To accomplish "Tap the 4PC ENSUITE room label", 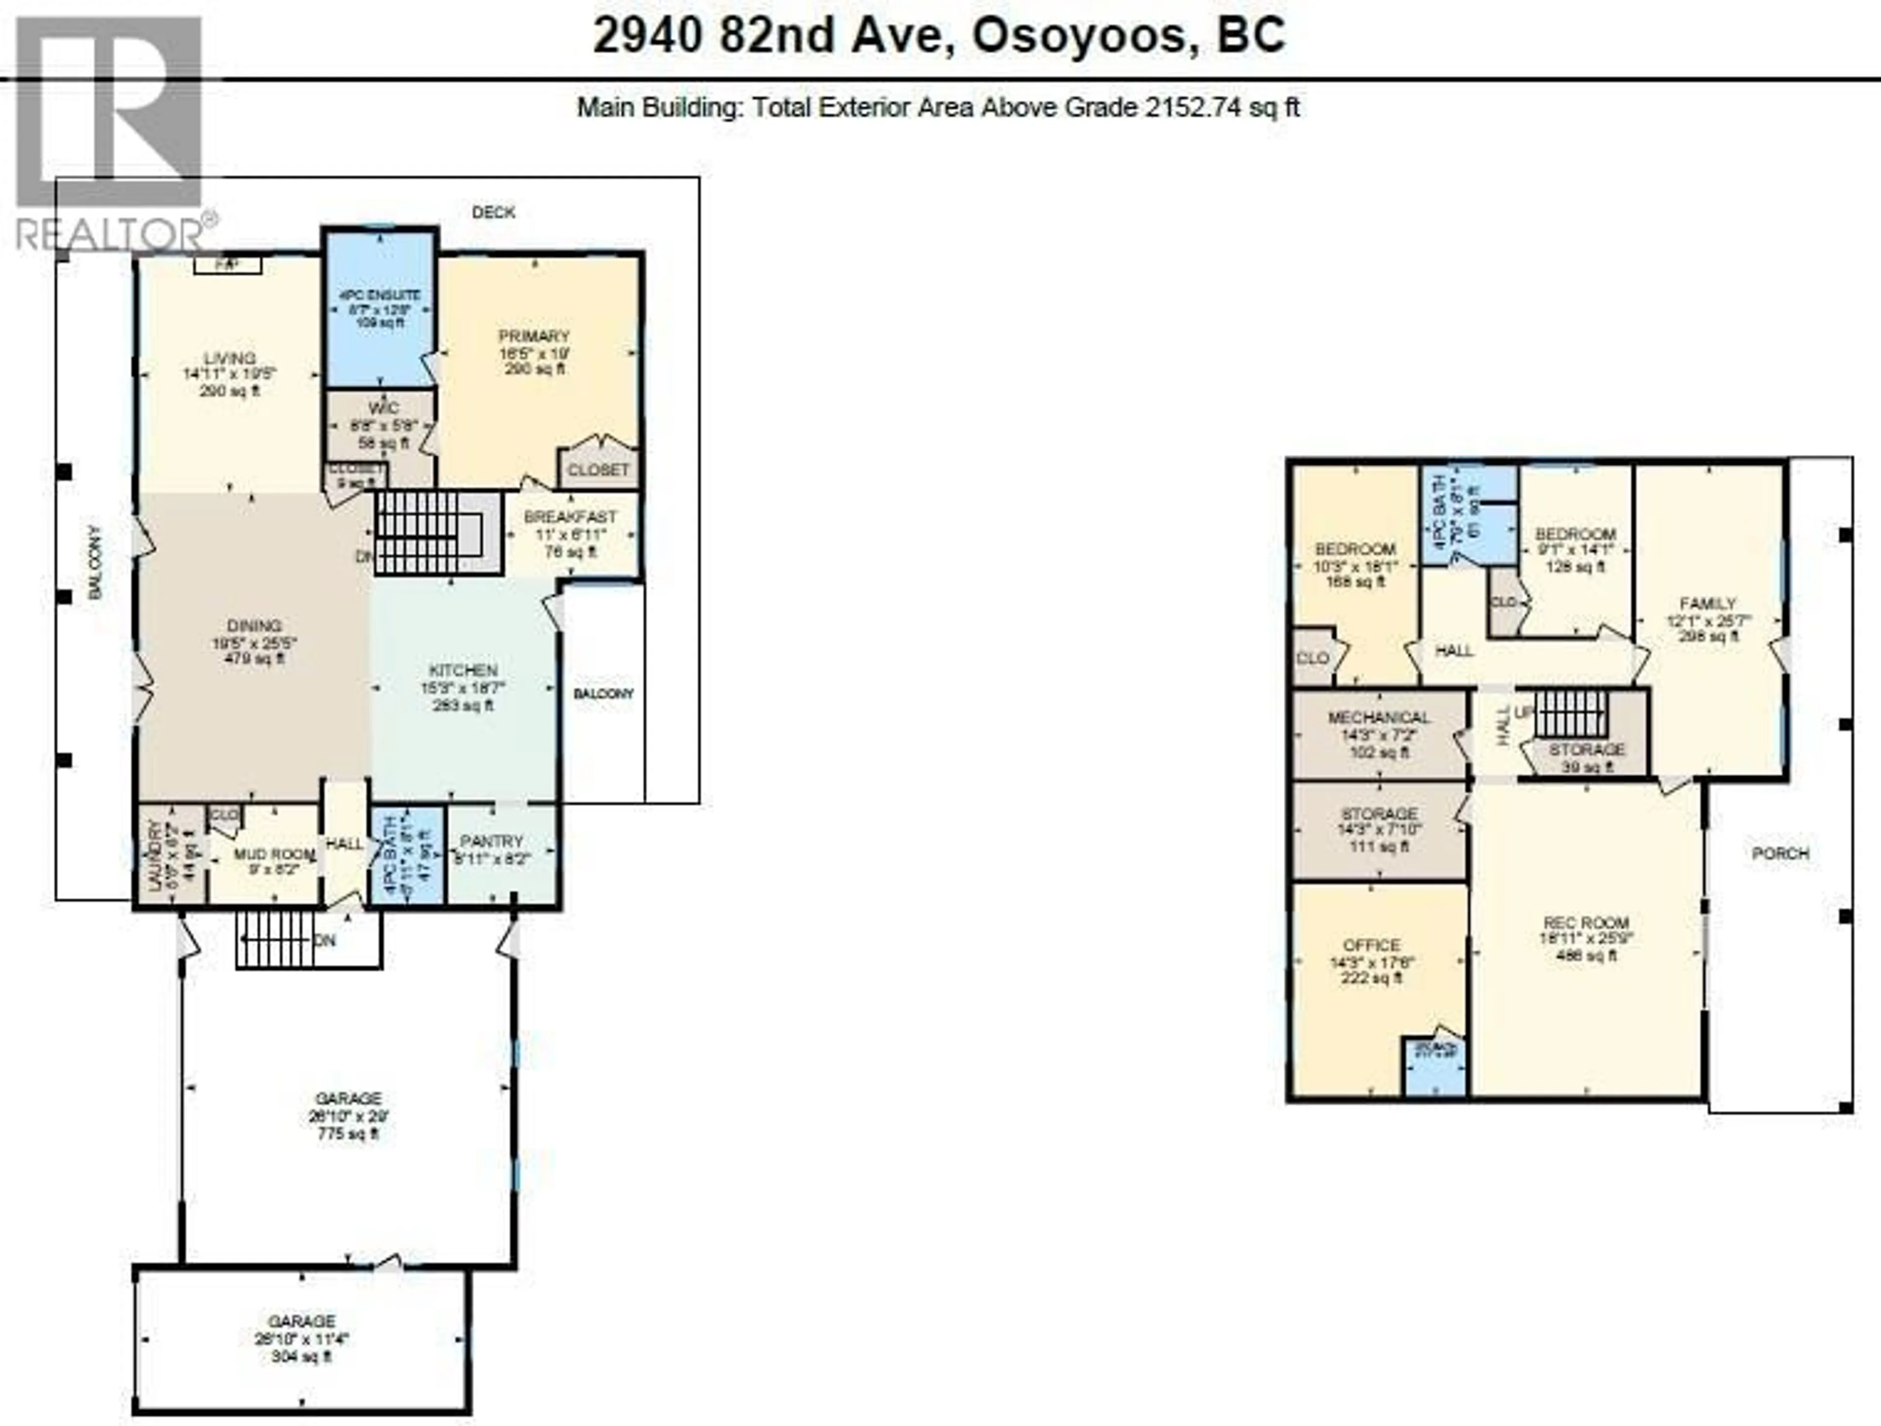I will (x=380, y=295).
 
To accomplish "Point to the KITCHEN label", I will (x=462, y=670).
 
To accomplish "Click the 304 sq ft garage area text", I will (x=301, y=1356).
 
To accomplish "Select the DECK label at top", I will (x=493, y=212).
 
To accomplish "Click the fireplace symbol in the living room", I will (x=227, y=266).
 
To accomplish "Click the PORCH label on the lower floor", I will (x=1781, y=853).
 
